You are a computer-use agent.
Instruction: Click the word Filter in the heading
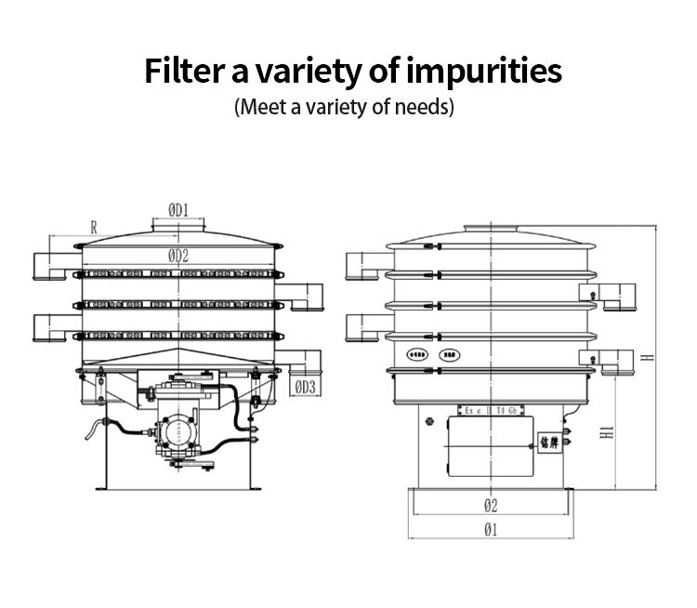point(181,72)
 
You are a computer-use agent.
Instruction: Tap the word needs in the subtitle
point(423,106)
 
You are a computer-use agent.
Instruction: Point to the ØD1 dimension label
point(178,210)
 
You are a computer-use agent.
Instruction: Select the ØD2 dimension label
point(178,256)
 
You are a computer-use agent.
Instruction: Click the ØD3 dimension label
point(306,387)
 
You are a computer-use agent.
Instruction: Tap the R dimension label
point(94,226)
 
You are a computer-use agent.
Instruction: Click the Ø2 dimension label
point(490,506)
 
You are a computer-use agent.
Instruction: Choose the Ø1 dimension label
point(490,530)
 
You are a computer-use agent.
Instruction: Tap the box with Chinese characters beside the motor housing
point(549,443)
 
